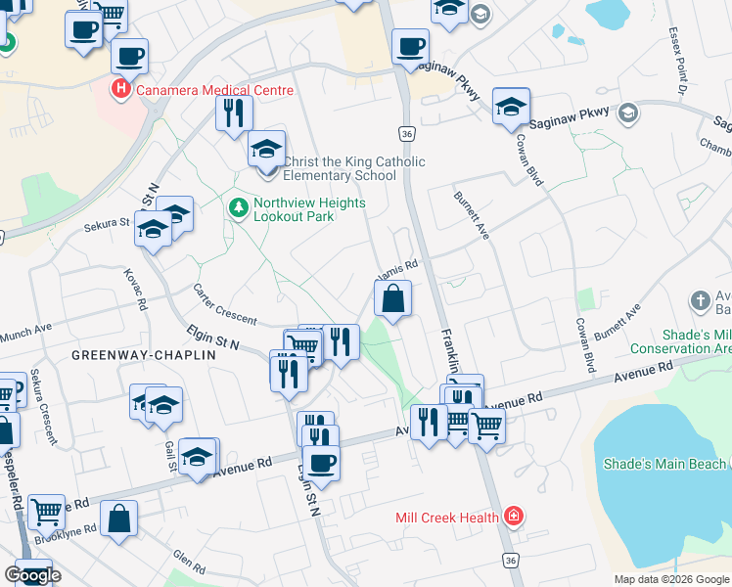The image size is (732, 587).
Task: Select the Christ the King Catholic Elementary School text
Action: pos(353,168)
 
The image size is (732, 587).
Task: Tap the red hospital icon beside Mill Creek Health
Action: pos(513,517)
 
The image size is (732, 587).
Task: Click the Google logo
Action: pos(32,575)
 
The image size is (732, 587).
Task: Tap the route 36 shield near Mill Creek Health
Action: pos(510,560)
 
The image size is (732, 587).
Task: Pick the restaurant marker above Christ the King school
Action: pos(233,112)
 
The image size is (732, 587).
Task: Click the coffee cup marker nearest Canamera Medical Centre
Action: pos(129,56)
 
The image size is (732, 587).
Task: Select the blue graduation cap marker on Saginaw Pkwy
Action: pos(511,108)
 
